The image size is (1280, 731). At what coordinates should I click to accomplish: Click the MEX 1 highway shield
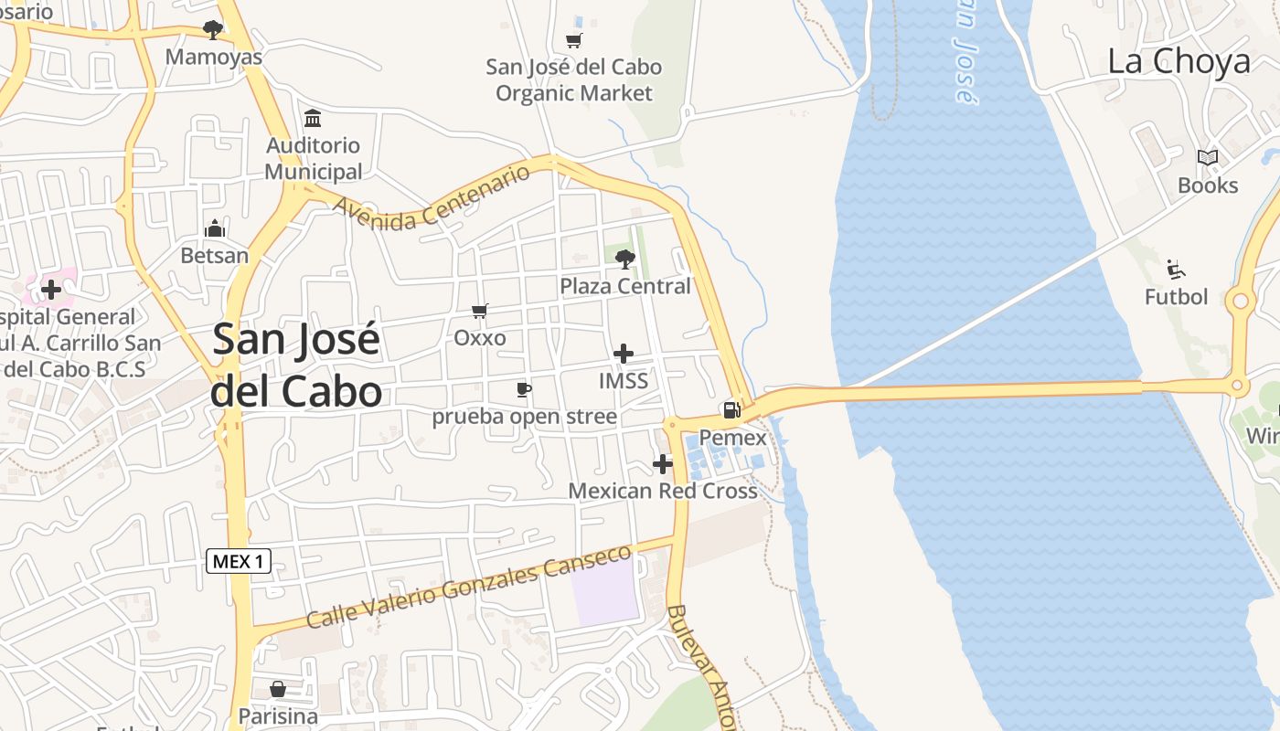239,561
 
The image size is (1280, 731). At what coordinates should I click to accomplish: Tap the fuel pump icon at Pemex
731,410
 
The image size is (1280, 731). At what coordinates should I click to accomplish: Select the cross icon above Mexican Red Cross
663,464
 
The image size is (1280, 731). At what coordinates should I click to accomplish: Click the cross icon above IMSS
624,354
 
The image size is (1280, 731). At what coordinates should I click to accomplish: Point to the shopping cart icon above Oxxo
479,311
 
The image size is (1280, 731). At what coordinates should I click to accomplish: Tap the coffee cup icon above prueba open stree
524,390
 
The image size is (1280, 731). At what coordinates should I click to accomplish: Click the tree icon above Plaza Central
625,260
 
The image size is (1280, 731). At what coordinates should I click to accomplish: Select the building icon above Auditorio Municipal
313,119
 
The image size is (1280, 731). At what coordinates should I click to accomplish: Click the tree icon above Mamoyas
213,30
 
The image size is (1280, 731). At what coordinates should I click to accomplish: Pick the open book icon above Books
1208,158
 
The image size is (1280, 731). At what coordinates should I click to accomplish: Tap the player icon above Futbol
1176,270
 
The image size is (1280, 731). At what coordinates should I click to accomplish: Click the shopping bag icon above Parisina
278,688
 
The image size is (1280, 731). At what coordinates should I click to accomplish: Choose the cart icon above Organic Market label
574,40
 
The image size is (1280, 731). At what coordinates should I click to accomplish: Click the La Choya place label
1179,61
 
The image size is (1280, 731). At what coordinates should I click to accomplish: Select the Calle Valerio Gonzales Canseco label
469,586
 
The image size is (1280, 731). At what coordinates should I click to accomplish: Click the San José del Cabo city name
296,365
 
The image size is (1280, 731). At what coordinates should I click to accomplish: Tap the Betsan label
215,255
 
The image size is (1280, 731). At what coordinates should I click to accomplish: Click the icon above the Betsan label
216,228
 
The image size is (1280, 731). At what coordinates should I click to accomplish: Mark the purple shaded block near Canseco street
605,591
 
